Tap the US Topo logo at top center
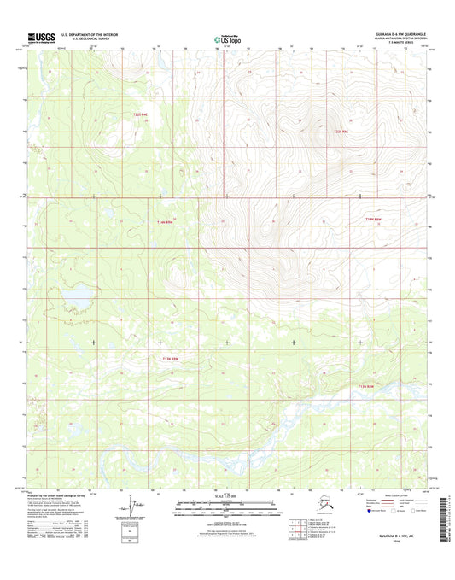[x=226, y=38]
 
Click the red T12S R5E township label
[x=341, y=132]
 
